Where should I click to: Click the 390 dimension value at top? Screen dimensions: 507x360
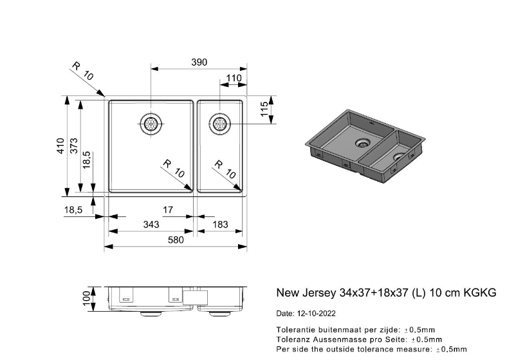[199, 62]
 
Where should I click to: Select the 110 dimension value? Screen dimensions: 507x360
[234, 78]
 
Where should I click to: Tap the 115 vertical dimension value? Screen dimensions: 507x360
[264, 109]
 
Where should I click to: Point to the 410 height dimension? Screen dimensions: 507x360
[60, 146]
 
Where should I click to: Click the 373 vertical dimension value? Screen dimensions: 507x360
[74, 146]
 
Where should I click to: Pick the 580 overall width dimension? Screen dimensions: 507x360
[176, 240]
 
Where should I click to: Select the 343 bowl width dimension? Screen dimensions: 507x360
[151, 224]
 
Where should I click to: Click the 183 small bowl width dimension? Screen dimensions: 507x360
[220, 224]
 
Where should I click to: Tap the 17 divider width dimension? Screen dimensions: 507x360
[168, 210]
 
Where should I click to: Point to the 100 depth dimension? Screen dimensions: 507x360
[86, 298]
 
